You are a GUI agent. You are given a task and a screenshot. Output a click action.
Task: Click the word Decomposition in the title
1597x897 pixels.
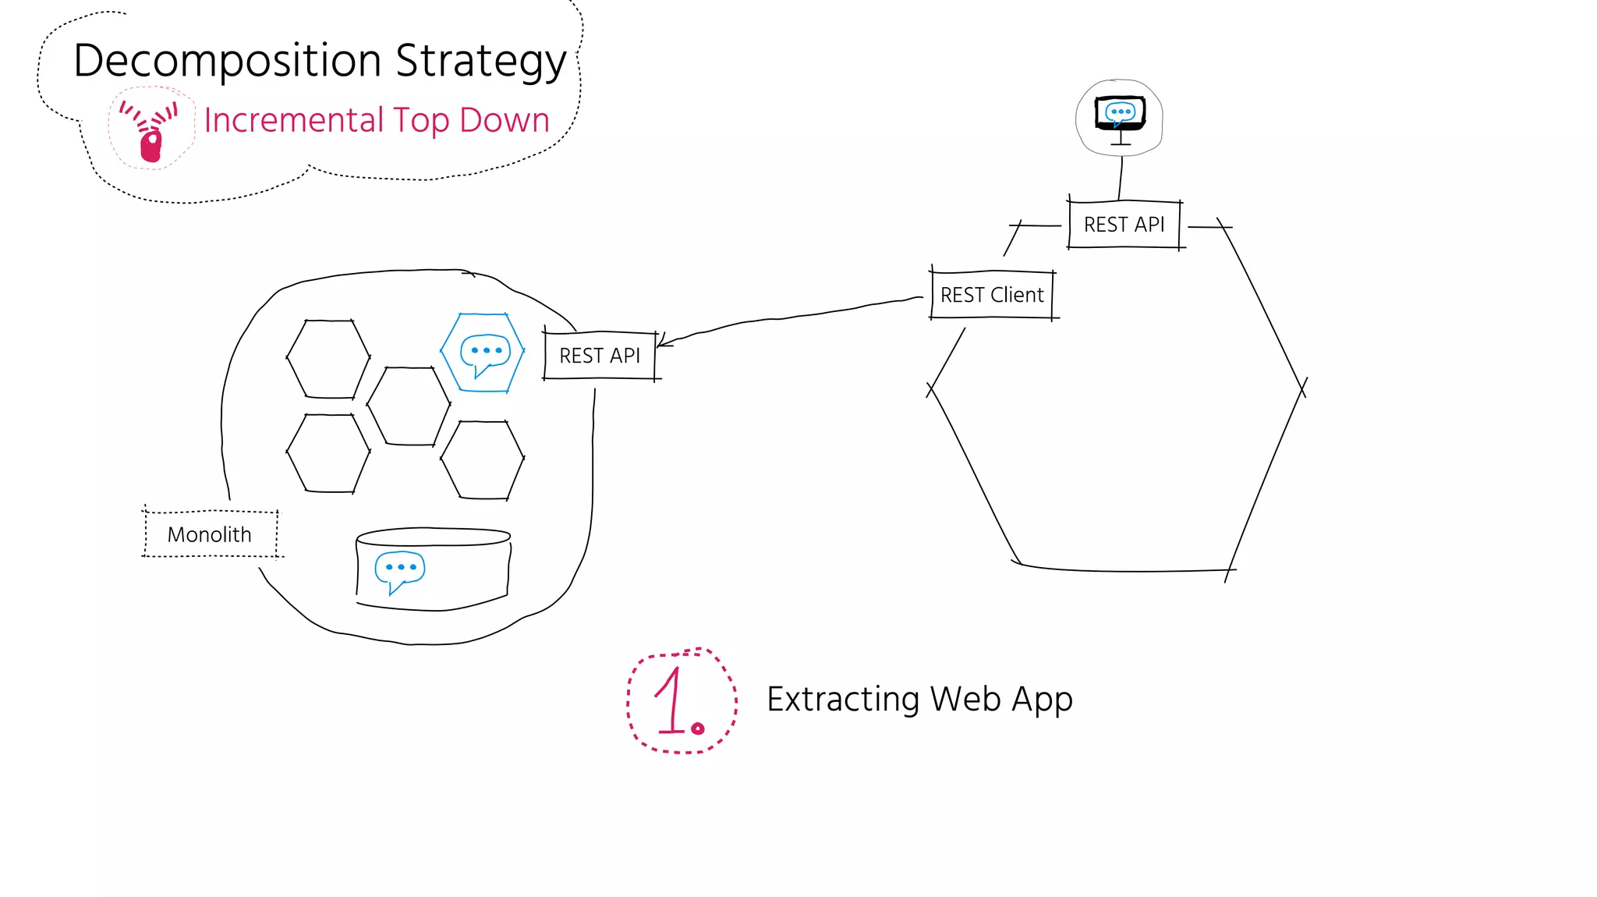point(227,61)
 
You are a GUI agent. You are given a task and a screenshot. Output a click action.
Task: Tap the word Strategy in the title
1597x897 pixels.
point(480,61)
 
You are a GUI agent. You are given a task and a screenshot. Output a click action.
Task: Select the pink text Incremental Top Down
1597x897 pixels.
point(377,120)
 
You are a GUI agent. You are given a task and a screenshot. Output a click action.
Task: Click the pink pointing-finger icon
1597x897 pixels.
point(150,131)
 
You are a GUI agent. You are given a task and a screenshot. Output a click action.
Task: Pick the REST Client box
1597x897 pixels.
point(992,295)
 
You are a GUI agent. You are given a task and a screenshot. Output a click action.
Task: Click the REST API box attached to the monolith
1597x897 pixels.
point(600,356)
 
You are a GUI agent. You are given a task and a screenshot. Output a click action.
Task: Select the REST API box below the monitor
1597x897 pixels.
point(1124,225)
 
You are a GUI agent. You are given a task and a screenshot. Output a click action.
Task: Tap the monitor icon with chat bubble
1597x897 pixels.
point(1120,115)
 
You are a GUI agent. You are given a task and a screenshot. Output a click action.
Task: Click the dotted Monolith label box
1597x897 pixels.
point(210,534)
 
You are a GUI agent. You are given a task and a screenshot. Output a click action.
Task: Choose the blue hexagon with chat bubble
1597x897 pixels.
point(483,353)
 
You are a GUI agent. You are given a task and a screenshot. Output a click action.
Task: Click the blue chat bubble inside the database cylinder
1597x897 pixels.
point(399,570)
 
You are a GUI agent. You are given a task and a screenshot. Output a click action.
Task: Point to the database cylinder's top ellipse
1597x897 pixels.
point(434,537)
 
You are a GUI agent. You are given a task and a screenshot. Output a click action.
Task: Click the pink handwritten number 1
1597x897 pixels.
point(671,702)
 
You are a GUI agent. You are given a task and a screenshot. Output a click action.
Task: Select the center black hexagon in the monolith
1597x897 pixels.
point(409,406)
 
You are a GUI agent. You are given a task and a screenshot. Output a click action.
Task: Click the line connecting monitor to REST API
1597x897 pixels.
point(1121,178)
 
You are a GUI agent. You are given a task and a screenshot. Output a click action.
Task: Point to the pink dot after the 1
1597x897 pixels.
point(698,729)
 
